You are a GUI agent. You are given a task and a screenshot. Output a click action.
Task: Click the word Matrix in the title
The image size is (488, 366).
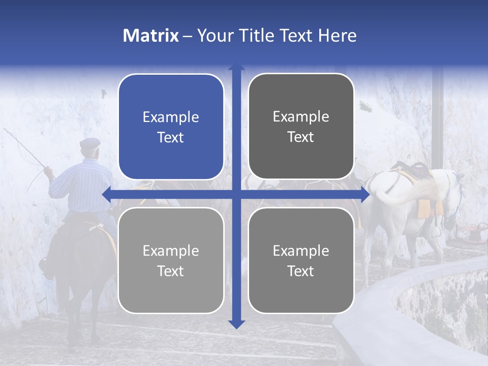[x=150, y=36]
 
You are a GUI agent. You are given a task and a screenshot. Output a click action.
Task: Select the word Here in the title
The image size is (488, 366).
[x=338, y=36]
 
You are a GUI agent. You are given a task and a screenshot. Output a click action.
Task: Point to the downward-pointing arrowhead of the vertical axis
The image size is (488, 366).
[x=236, y=324]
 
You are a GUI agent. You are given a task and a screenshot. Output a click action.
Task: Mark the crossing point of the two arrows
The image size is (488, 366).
[x=236, y=194]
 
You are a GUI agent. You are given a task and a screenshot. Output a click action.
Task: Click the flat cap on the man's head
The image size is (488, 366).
[x=89, y=143]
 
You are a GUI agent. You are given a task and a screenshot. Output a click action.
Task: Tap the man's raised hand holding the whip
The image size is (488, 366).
[x=48, y=171]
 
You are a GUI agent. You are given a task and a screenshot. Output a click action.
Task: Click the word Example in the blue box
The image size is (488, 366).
[x=171, y=117]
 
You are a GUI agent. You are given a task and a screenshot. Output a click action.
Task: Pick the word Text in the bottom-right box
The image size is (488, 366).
[x=301, y=271]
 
